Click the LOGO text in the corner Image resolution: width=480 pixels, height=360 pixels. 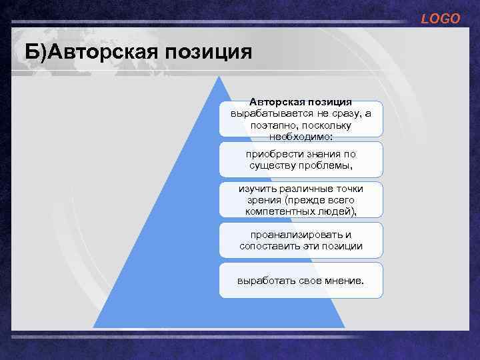(x=440, y=19)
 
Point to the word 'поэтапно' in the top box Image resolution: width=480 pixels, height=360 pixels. (x=273, y=125)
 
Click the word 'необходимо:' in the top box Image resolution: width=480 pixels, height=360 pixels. (x=301, y=136)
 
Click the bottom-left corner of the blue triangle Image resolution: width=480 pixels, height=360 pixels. (x=93, y=327)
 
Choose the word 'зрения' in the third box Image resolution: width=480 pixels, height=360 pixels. (x=262, y=200)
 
